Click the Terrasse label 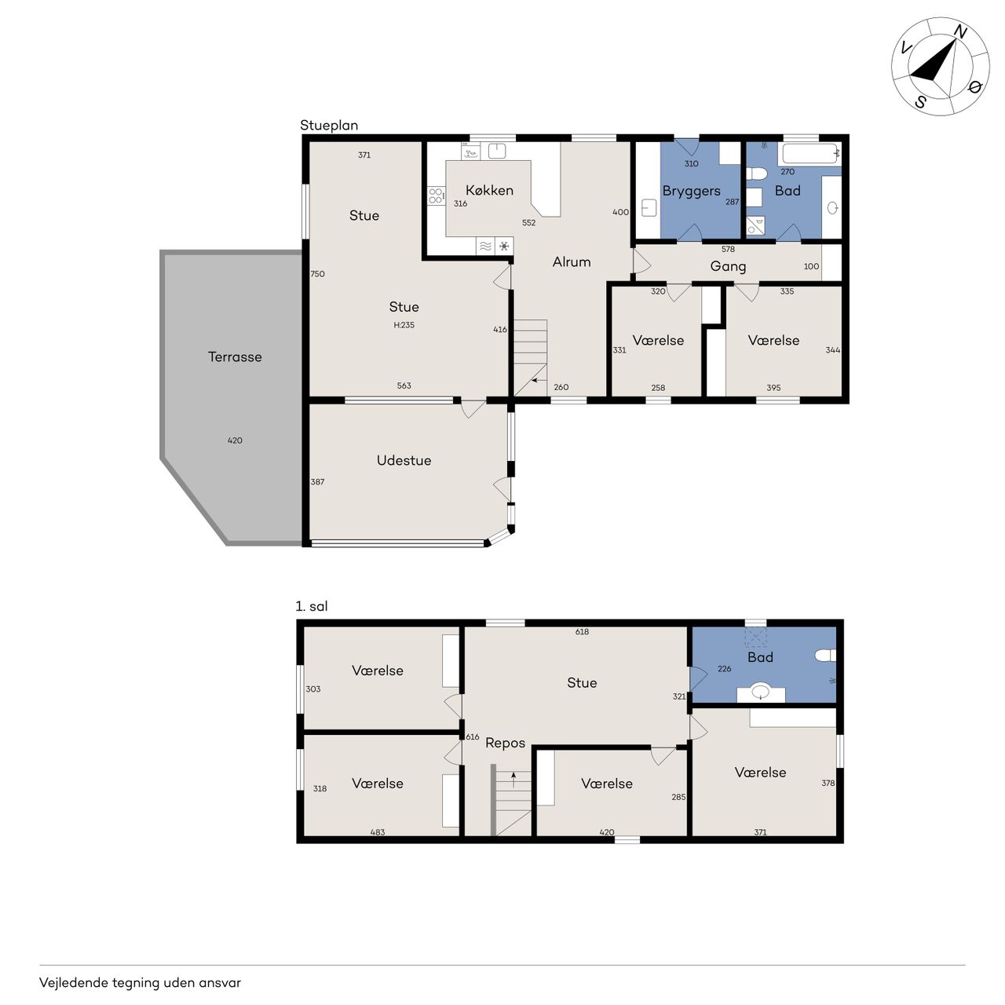(x=235, y=356)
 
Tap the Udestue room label (x=404, y=460)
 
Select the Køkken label (x=489, y=190)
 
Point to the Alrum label (x=572, y=261)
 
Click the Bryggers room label (x=691, y=192)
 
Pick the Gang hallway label (x=728, y=266)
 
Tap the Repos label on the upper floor (x=505, y=744)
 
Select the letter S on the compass (x=920, y=102)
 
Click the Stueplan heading (x=328, y=125)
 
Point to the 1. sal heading (x=312, y=606)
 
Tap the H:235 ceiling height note (x=404, y=325)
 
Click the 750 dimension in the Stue (x=317, y=274)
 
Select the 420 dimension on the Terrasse (x=235, y=440)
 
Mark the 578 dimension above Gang (x=728, y=250)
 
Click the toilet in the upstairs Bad (x=825, y=656)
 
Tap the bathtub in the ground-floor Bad (x=810, y=153)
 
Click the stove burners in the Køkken (x=436, y=196)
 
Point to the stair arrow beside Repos (x=513, y=780)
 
